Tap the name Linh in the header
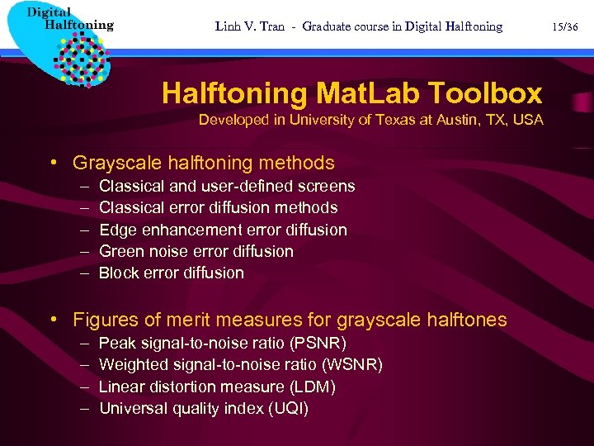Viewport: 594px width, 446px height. pyautogui.click(x=229, y=26)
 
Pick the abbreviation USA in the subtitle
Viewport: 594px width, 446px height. pyautogui.click(x=528, y=120)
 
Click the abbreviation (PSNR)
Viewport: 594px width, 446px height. pyautogui.click(x=317, y=343)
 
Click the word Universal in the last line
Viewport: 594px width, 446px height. pyautogui.click(x=131, y=408)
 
